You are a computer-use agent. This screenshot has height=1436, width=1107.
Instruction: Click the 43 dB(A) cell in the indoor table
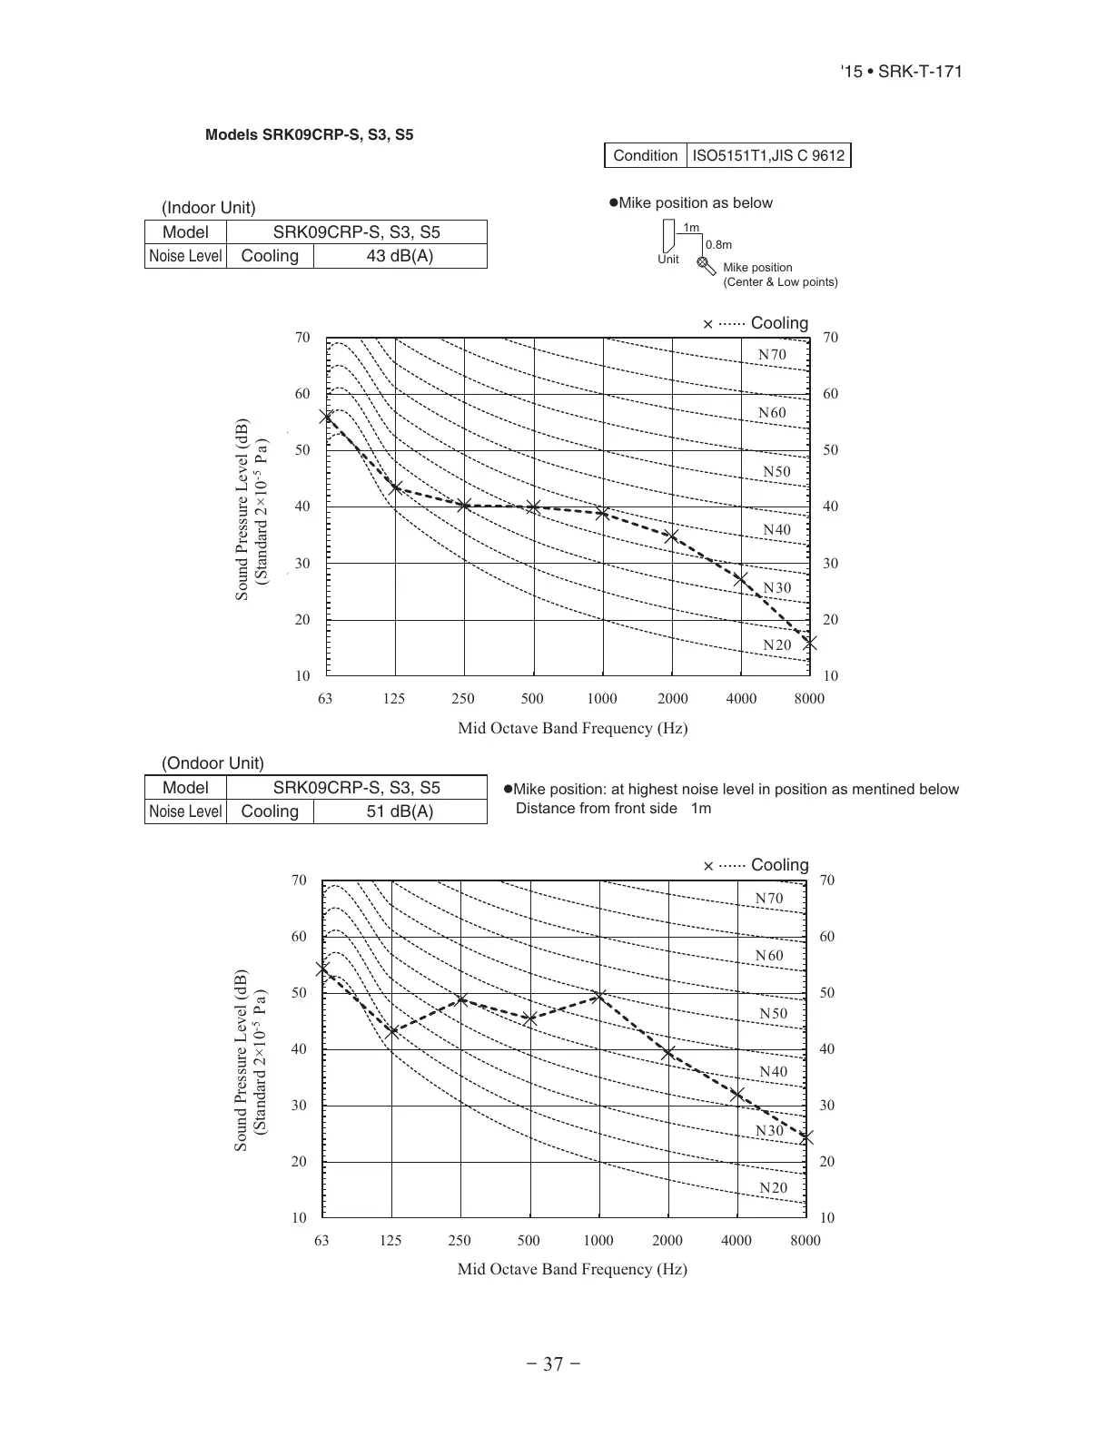400,256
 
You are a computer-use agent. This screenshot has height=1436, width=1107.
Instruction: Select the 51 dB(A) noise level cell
400,811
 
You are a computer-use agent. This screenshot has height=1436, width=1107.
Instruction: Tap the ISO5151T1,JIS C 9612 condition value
768,155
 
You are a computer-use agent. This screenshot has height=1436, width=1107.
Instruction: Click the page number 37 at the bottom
553,1364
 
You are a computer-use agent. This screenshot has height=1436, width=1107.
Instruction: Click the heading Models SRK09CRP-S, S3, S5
309,135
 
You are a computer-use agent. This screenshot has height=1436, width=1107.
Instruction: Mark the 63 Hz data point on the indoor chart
326,417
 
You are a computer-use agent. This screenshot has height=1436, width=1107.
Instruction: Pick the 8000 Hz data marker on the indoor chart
809,643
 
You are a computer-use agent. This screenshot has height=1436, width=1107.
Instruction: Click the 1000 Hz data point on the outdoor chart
598,997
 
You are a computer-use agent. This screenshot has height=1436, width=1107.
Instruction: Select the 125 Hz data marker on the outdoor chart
392,1031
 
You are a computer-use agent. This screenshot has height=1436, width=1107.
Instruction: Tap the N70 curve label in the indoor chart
772,355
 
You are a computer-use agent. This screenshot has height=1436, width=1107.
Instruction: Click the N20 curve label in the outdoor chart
773,1188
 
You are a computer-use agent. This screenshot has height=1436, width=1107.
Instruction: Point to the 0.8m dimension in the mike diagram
718,245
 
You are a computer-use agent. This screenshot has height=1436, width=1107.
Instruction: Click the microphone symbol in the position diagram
706,265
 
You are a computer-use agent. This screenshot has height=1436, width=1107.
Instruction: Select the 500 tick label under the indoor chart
532,699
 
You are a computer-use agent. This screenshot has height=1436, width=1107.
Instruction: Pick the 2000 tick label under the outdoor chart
667,1241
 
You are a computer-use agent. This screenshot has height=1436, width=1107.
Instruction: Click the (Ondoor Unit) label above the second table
213,763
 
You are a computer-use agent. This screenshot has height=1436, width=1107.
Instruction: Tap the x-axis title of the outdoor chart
572,1269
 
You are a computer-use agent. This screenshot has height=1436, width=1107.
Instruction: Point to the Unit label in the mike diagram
667,260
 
